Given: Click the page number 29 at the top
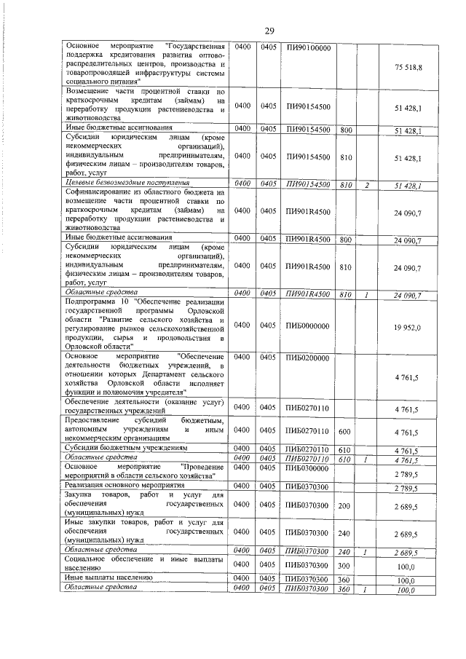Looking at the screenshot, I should (x=269, y=30).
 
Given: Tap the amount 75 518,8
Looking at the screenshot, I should (x=408, y=67).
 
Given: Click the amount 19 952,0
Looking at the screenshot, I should (x=408, y=328).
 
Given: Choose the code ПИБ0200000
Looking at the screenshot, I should (x=308, y=358).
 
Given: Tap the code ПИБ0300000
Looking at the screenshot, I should (x=308, y=467).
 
